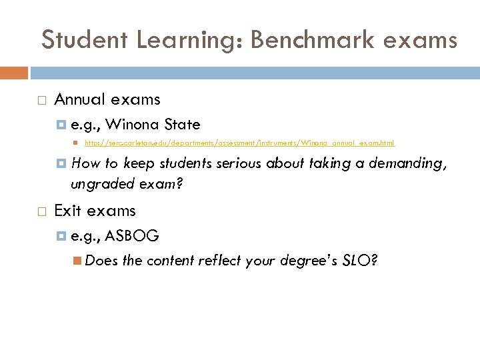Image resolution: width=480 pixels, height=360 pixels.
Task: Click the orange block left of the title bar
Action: [14, 73]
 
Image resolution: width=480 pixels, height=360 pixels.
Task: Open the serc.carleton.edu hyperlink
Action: [239, 143]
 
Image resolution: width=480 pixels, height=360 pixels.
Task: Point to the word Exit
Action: [67, 211]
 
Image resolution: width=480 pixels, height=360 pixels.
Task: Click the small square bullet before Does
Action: [78, 261]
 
